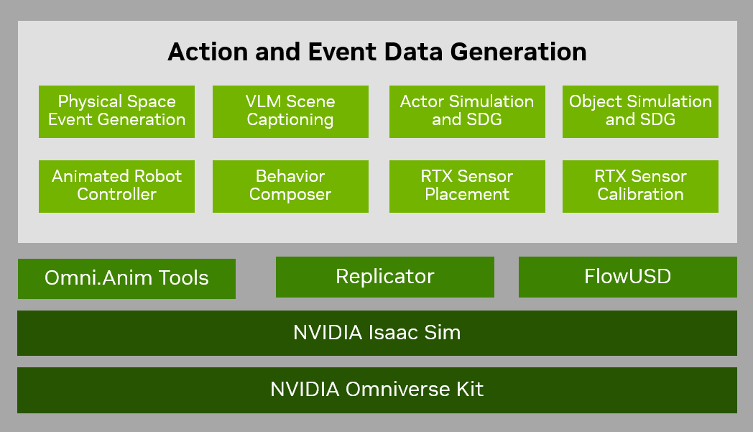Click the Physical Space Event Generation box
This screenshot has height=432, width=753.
click(x=116, y=111)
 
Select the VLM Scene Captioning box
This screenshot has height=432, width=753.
click(x=290, y=111)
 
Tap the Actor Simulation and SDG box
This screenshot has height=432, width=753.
click(x=467, y=111)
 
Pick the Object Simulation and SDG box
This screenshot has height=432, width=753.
click(x=640, y=111)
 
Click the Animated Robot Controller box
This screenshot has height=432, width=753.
click(x=116, y=186)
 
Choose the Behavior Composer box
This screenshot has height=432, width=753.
click(x=290, y=186)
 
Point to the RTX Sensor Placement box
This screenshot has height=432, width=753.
click(x=467, y=186)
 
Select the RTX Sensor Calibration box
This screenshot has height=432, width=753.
click(x=640, y=186)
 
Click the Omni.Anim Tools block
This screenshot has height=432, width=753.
click(x=126, y=278)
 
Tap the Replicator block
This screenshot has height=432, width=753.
click(x=384, y=277)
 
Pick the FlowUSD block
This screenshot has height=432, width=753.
click(x=627, y=277)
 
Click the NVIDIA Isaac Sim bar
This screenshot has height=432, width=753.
click(x=376, y=333)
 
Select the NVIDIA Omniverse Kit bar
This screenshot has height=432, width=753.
click(x=376, y=390)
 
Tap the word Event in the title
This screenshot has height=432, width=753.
click(x=332, y=52)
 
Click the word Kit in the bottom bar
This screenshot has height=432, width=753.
click(x=468, y=390)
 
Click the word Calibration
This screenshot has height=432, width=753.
click(x=640, y=195)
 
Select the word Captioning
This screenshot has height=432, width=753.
click(x=290, y=120)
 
